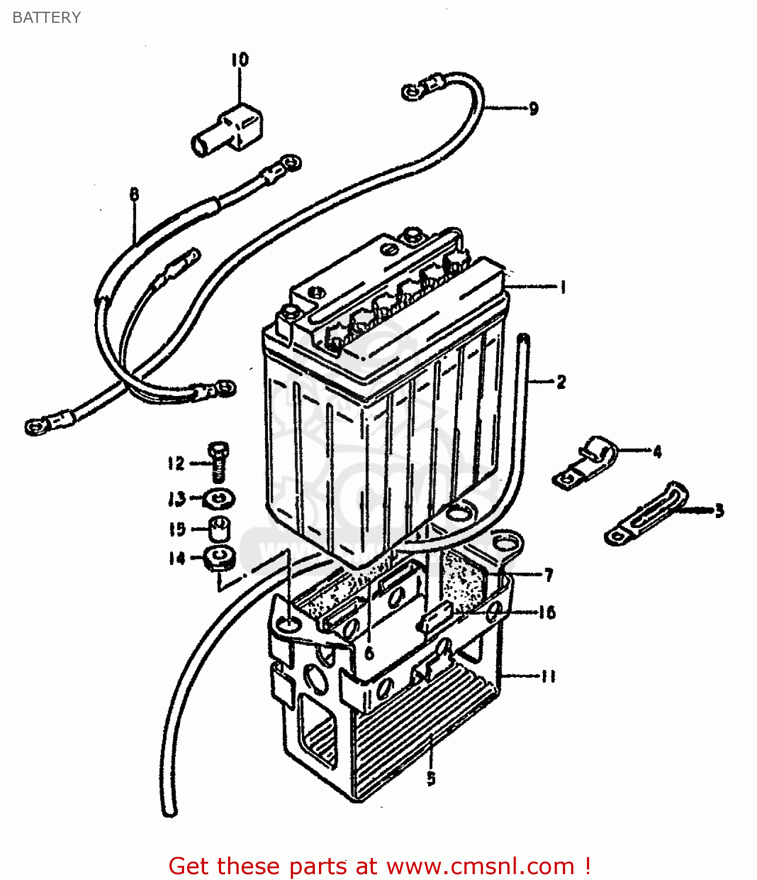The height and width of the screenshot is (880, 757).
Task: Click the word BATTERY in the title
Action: coord(46,18)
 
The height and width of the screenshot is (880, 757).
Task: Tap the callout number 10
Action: coord(239,59)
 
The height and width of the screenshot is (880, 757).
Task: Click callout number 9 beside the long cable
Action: coord(533,109)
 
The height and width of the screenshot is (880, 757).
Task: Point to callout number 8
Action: coord(134,194)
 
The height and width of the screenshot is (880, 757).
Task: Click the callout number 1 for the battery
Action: coord(563,287)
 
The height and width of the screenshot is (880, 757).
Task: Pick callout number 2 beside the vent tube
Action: coord(561,382)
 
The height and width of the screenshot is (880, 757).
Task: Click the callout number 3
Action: coord(719,510)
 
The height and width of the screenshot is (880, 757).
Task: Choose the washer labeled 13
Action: coord(219,499)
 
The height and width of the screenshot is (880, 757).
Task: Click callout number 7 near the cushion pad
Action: coord(549,575)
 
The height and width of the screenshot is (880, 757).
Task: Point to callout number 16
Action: coord(547,612)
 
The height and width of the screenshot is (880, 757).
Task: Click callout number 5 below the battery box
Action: coord(431,779)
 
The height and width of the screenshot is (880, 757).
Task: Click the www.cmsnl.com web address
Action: coord(480,866)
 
